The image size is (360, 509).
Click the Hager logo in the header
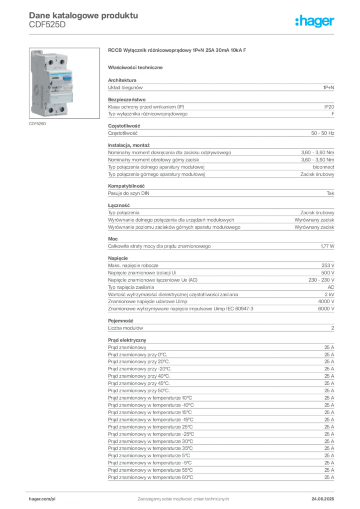click(314, 21)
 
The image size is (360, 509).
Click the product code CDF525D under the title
click(47, 25)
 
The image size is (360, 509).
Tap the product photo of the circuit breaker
click(64, 83)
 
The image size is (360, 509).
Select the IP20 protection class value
click(329, 107)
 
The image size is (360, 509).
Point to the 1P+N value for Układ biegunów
click(329, 87)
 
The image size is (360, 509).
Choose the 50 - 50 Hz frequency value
click(322, 133)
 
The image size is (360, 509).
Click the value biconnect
click(323, 167)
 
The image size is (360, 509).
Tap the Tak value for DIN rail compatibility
click(331, 193)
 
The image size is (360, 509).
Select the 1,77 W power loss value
click(327, 246)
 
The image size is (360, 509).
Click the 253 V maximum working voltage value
click(328, 265)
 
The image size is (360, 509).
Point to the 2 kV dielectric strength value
click(329, 294)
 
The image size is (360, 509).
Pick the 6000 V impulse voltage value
click(326, 309)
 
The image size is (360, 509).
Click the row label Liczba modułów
click(125, 328)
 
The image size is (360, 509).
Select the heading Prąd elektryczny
click(127, 340)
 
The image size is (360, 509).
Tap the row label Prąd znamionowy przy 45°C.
click(139, 383)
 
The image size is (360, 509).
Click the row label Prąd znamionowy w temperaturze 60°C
click(150, 478)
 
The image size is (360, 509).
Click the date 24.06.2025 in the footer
click(323, 499)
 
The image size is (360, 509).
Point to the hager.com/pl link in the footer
click(42, 499)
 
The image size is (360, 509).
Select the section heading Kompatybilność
click(126, 186)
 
